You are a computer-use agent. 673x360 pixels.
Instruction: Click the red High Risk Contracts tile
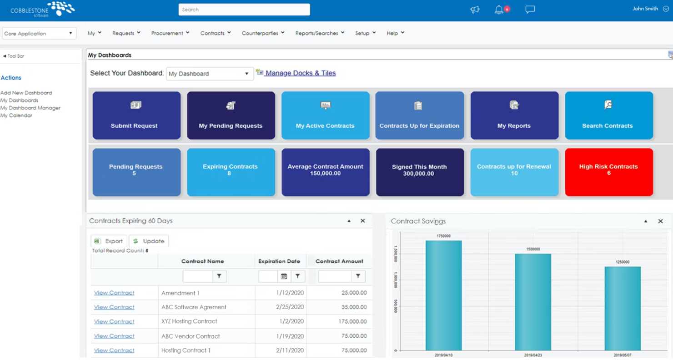[608, 172]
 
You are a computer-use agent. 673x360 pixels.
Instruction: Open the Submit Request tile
[136, 115]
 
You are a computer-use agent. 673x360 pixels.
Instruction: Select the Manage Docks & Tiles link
[300, 73]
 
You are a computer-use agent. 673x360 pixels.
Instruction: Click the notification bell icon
[499, 10]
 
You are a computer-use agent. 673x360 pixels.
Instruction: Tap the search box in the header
[244, 10]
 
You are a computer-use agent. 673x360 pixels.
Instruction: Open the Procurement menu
[170, 33]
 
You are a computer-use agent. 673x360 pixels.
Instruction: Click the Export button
[109, 241]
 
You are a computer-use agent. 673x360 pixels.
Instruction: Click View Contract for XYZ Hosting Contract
[114, 321]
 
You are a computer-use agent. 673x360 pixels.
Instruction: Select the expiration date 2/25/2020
[290, 307]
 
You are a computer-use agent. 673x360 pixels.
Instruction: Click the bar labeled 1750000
[443, 295]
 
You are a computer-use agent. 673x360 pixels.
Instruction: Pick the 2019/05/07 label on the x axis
[622, 355]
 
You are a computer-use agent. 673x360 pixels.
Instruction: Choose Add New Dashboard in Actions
[26, 93]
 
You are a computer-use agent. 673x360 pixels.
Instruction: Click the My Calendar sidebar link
[16, 115]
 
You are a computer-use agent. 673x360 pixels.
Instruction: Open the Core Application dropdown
[39, 33]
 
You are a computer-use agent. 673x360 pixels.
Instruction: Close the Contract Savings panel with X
[660, 221]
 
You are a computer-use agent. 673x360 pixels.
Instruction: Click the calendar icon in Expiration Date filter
[284, 276]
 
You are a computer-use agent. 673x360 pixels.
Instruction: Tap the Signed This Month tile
[419, 172]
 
